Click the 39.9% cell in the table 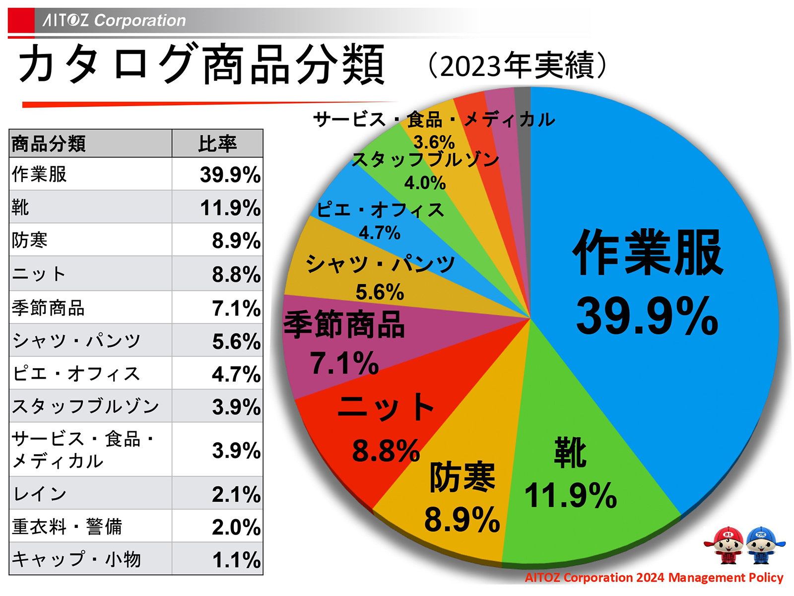click(x=230, y=175)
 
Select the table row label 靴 click(x=21, y=207)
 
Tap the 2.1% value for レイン click(x=236, y=494)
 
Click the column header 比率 click(x=217, y=144)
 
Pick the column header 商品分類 click(x=49, y=144)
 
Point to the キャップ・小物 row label click(x=76, y=559)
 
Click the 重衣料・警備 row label click(x=67, y=527)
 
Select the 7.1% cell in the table click(x=236, y=308)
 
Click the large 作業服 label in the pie click(x=648, y=253)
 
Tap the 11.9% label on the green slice click(x=571, y=495)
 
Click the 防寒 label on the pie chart click(x=462, y=477)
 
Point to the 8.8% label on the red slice click(x=386, y=451)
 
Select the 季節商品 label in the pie click(x=344, y=325)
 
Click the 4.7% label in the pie click(x=380, y=233)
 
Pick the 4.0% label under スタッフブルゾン click(x=425, y=183)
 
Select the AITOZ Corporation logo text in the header click(x=114, y=20)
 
